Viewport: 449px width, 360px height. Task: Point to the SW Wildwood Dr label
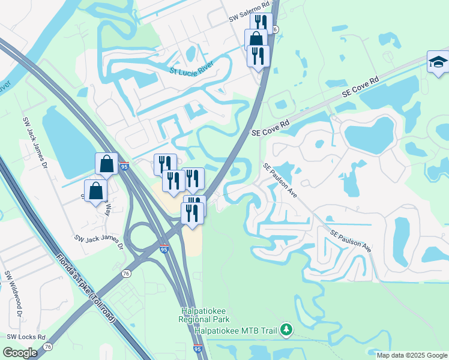pyautogui.click(x=13, y=295)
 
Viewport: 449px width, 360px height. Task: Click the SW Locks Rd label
pyautogui.click(x=26, y=337)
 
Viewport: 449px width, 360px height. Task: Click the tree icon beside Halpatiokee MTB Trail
pyautogui.click(x=287, y=329)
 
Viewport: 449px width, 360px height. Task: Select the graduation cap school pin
pyautogui.click(x=438, y=61)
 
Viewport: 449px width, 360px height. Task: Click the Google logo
pyautogui.click(x=20, y=352)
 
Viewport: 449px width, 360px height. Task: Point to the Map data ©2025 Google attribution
pyautogui.click(x=412, y=355)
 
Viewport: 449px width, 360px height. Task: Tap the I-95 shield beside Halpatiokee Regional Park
pyautogui.click(x=197, y=349)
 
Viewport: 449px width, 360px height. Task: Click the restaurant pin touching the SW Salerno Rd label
pyautogui.click(x=261, y=23)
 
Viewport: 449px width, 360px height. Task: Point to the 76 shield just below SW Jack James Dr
pyautogui.click(x=125, y=257)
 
